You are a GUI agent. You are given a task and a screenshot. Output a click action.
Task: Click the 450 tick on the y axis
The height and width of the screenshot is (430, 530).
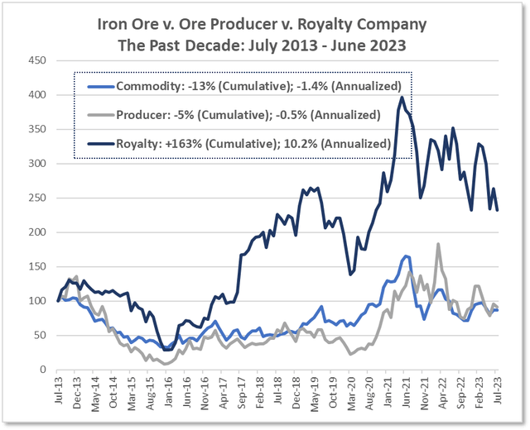click(x=36, y=60)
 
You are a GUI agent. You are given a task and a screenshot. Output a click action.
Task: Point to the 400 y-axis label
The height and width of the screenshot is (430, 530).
click(x=36, y=95)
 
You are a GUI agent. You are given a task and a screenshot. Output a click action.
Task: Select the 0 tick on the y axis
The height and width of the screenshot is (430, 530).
click(x=42, y=370)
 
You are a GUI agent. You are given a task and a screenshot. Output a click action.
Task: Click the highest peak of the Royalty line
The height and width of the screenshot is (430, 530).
click(x=402, y=98)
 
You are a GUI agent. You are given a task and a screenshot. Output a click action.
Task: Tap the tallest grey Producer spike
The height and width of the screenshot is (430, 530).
click(x=436, y=244)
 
